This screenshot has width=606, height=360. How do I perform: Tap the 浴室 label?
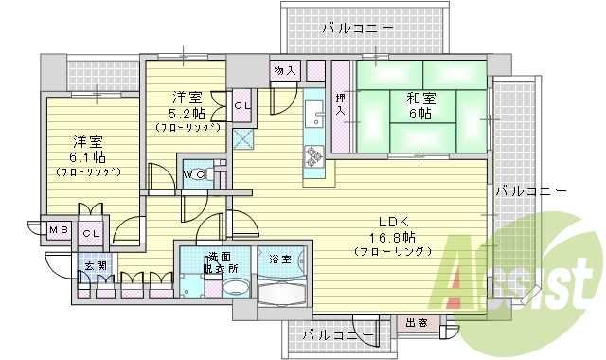point(279,259)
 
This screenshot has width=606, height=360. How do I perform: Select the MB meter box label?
point(58,230)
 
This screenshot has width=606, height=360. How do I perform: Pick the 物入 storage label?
point(285,70)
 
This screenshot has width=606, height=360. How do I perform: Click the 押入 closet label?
point(341,105)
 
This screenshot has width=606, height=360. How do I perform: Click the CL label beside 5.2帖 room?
point(242,104)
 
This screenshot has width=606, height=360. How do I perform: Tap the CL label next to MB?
point(91,232)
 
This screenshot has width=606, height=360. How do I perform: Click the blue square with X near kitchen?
point(242,138)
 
